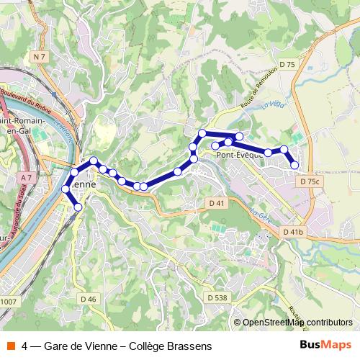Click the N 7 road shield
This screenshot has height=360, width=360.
click(x=39, y=55)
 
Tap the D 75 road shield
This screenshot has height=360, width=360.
click(x=288, y=65)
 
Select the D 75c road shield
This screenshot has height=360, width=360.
click(x=310, y=182)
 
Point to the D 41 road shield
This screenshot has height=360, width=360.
click(x=216, y=203)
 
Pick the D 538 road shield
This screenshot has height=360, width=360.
click(x=217, y=297)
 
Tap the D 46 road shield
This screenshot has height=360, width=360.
click(x=89, y=298)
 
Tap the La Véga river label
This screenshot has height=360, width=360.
click(x=269, y=105)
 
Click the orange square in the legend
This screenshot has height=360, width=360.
click(x=10, y=346)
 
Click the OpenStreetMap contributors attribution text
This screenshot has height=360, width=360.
click(x=297, y=322)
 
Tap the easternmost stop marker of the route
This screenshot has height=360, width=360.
click(x=294, y=166)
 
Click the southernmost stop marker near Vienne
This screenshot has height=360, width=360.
click(x=78, y=207)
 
